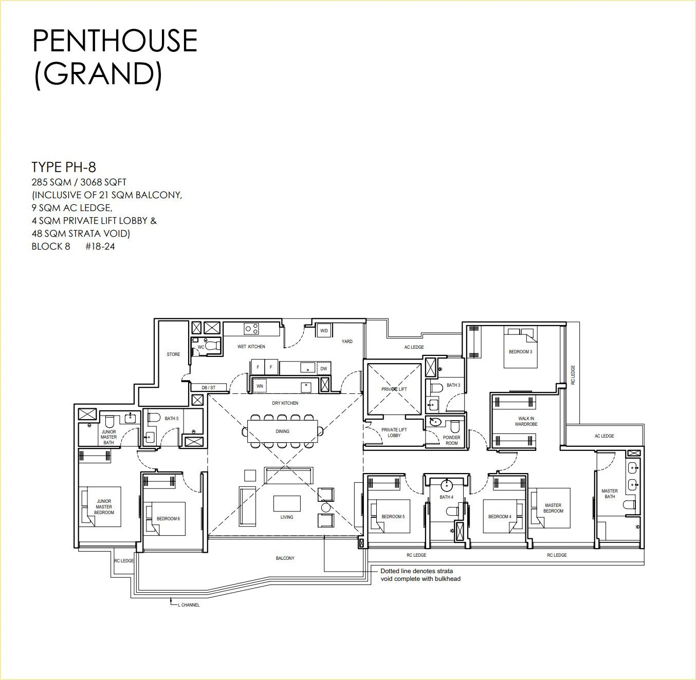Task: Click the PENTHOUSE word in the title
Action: [115, 41]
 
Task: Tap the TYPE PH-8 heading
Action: [64, 167]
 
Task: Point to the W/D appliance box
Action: [324, 331]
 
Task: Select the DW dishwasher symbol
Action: [324, 368]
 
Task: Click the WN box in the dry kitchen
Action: [260, 386]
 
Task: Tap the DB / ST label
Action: [209, 387]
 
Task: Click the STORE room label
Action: [173, 354]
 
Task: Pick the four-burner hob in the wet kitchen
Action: [251, 328]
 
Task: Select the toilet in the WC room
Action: [212, 346]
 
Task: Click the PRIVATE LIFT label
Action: [394, 389]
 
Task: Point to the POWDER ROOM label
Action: [452, 440]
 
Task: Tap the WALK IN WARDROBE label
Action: [526, 421]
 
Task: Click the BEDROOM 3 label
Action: [520, 352]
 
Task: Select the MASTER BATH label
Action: [610, 494]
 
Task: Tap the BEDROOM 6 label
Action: [168, 519]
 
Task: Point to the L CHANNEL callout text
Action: [189, 605]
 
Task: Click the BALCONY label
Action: [285, 558]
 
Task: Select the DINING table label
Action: [283, 431]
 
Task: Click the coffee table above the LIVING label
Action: [287, 503]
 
